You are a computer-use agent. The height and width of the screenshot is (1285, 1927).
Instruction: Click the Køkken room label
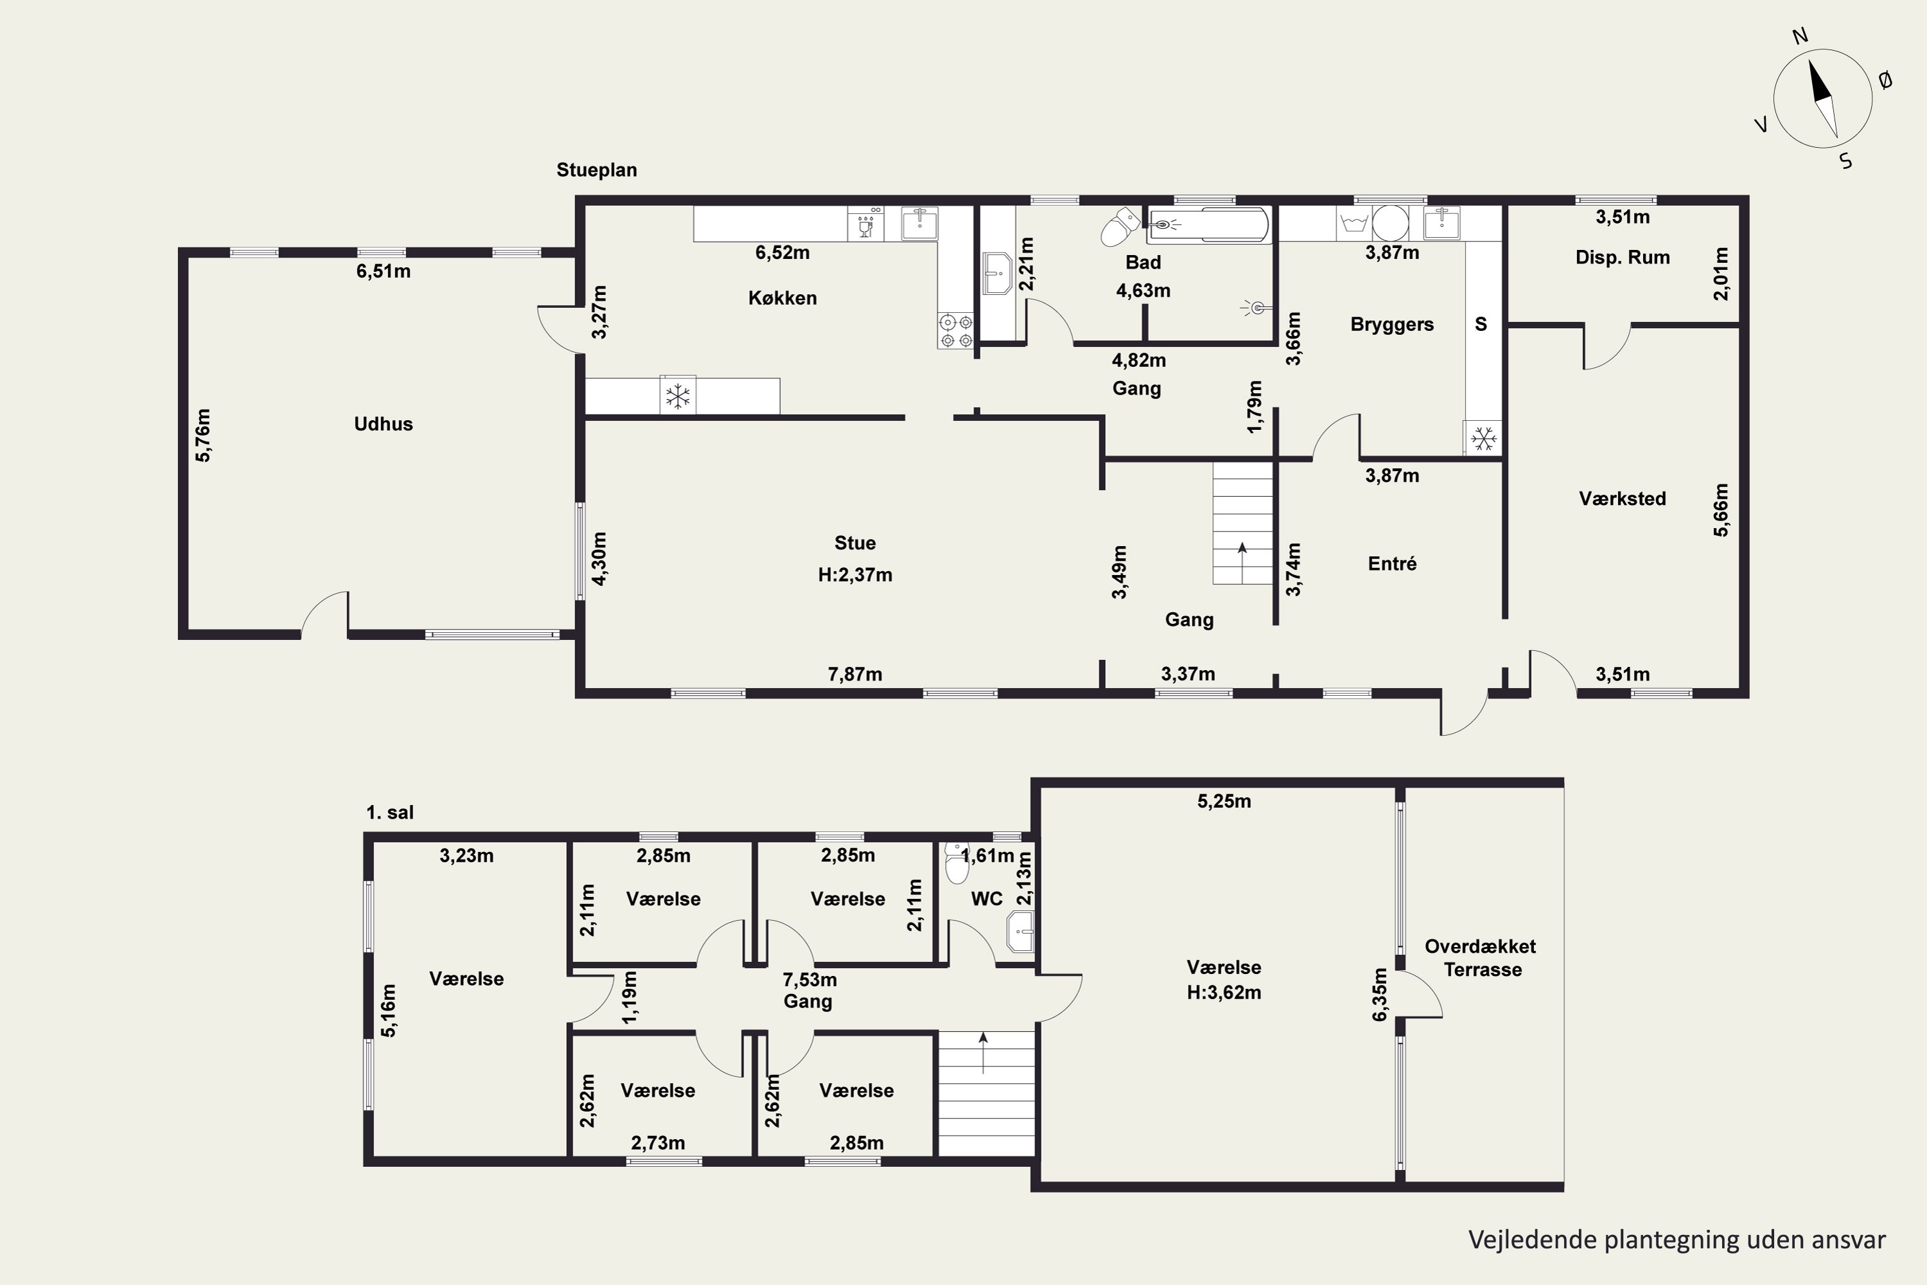(782, 297)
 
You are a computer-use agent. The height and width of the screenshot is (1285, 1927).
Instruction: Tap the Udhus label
(383, 423)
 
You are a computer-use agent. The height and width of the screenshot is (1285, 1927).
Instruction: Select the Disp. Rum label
(1623, 258)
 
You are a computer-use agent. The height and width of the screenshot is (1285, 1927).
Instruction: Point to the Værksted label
(1623, 499)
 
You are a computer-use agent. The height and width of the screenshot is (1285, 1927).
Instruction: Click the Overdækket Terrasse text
(1481, 958)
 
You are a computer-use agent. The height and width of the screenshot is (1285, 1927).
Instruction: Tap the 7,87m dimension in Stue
(854, 675)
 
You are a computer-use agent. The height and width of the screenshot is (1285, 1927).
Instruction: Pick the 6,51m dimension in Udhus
(383, 271)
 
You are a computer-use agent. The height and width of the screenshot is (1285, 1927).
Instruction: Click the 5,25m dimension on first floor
(1224, 801)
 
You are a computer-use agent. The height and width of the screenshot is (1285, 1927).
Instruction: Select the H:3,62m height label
(1224, 993)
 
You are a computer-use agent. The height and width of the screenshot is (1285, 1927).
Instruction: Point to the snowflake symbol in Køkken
(678, 396)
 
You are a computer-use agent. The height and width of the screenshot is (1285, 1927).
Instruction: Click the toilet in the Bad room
(1119, 227)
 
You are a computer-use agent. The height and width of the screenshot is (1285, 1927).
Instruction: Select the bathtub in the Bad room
(1208, 224)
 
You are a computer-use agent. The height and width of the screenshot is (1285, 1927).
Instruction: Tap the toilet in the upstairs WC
(956, 862)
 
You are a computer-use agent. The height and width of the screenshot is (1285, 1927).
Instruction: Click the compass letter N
(1800, 36)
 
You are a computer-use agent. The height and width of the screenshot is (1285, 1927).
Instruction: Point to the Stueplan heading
(597, 170)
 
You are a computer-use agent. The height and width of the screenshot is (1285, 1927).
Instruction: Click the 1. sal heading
(390, 813)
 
